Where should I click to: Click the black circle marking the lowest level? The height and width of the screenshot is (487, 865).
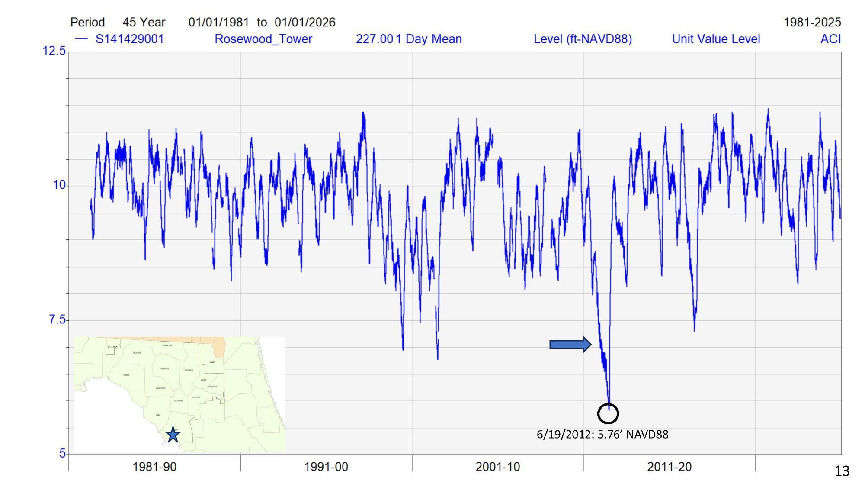click(608, 413)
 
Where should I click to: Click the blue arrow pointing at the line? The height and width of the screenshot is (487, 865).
click(570, 345)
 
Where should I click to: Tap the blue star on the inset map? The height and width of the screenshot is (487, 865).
click(173, 434)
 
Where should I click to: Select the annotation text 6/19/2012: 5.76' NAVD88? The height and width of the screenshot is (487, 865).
click(602, 434)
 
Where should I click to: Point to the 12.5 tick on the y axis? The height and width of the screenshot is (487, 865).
click(54, 51)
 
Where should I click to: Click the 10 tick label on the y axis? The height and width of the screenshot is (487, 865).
click(59, 185)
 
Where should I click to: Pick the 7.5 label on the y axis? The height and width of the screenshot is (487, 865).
click(57, 319)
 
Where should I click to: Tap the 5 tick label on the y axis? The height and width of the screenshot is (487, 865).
click(62, 453)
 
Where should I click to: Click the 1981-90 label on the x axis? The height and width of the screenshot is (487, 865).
click(154, 467)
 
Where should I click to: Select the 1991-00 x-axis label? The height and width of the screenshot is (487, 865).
click(326, 467)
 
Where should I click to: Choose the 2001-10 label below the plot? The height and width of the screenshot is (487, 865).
click(497, 467)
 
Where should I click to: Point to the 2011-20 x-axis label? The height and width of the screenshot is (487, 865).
click(669, 467)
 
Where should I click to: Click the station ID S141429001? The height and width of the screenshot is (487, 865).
click(129, 39)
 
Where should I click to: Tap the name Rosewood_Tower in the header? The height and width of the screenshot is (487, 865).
click(263, 39)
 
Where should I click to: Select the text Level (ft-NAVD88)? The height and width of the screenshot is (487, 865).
click(583, 39)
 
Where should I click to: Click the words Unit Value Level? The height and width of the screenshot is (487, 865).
click(716, 39)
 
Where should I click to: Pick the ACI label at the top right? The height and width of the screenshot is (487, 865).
click(830, 39)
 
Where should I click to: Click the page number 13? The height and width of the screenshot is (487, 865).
click(842, 471)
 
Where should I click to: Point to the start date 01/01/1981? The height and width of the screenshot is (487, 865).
click(218, 22)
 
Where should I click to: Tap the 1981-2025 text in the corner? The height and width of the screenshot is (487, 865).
click(812, 22)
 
